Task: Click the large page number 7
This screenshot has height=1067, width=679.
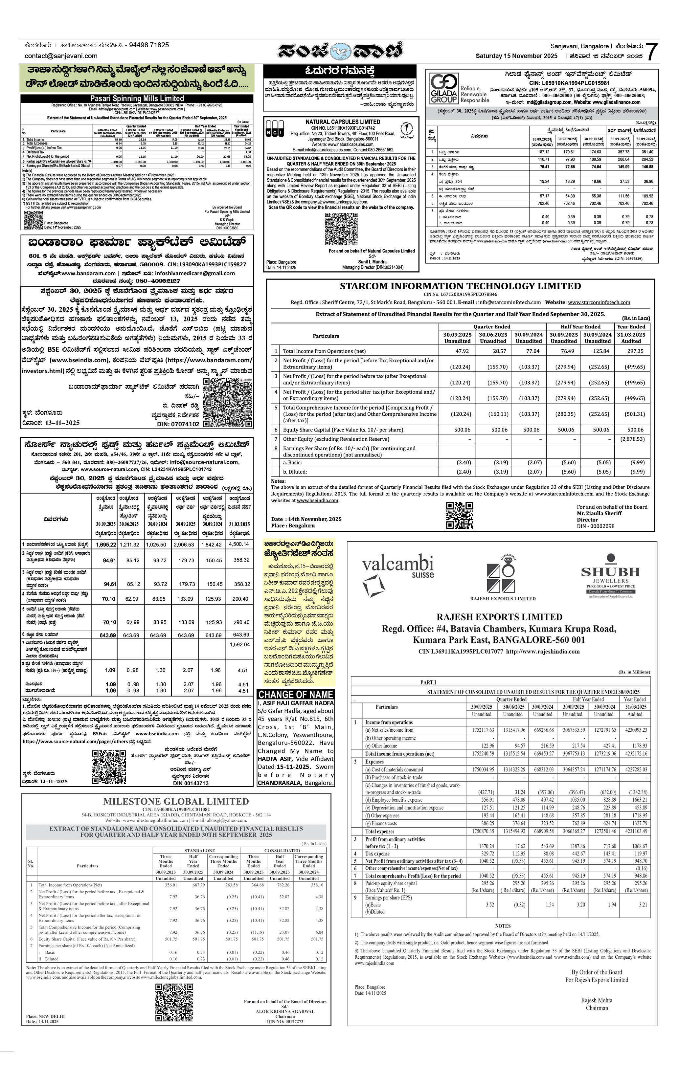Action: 651,52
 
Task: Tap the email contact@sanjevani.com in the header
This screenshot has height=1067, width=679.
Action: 61,56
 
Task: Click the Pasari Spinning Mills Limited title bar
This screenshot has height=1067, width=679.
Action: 137,99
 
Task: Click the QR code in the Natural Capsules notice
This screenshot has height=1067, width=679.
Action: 341,229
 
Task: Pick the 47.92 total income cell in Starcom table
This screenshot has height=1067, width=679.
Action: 462,351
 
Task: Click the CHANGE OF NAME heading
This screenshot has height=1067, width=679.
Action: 296,695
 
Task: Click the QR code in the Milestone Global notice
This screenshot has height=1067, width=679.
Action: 174,1003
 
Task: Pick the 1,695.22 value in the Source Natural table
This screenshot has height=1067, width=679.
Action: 105,545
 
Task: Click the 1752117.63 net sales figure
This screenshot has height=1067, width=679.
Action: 483,730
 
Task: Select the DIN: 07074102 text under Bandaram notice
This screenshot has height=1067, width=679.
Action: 178,424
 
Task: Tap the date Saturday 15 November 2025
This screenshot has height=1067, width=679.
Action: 516,56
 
